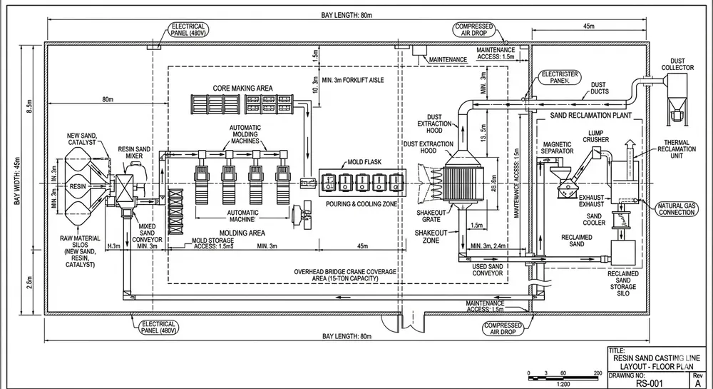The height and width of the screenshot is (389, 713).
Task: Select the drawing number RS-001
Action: pos(653,382)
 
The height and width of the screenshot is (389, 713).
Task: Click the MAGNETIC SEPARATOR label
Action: pos(558,147)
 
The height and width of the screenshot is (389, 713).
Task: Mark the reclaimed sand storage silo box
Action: pos(625,252)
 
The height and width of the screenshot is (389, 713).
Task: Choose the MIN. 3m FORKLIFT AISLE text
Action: pos(354,79)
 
